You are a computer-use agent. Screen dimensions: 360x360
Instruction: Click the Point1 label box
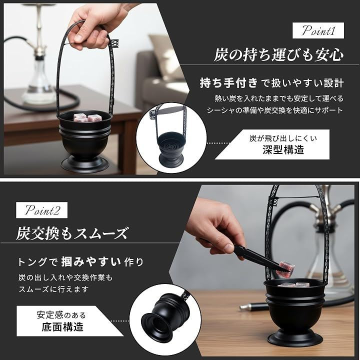318,30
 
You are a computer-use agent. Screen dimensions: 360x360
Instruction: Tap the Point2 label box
42,210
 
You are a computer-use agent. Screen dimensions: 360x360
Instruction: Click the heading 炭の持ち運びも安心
278,55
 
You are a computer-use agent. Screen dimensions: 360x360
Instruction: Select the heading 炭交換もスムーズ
71,233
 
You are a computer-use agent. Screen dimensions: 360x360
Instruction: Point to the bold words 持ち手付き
229,83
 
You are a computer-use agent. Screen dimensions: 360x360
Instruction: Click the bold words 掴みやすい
91,261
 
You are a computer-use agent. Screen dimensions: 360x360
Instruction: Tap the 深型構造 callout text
283,150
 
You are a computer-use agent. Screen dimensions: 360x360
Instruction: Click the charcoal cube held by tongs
285,268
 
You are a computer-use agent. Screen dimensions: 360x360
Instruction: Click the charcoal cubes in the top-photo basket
87,117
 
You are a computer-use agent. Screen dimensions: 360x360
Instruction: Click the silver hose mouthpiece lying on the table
248,306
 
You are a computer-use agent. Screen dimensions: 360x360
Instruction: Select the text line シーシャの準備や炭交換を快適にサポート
275,110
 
